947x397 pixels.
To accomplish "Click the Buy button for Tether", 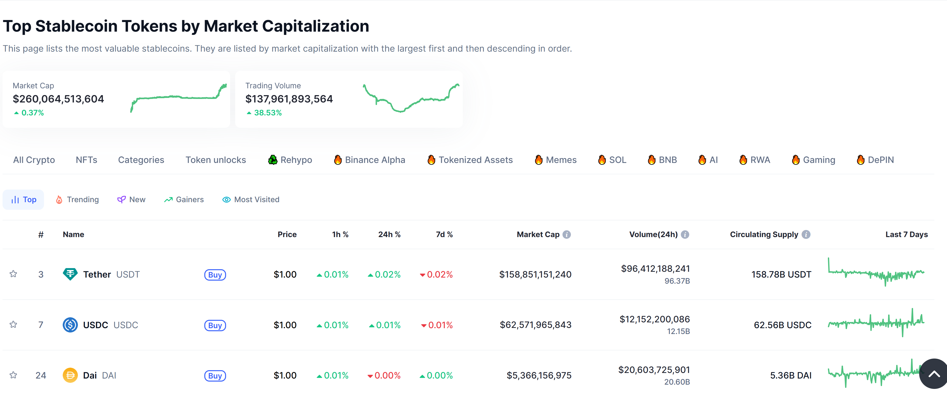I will (215, 275).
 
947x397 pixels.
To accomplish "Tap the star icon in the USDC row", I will (13, 325).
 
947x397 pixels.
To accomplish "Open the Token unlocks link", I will (215, 160).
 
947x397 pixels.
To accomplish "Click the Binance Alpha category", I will (369, 160).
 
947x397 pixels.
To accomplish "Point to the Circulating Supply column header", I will (764, 234).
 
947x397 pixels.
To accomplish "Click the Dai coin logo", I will (70, 375).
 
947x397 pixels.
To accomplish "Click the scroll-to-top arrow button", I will (934, 374).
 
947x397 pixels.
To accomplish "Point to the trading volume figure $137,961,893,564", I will (289, 99).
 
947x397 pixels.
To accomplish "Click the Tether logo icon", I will (70, 274).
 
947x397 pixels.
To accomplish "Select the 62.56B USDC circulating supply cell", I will (782, 325).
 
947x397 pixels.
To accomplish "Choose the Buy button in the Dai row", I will (215, 376).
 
